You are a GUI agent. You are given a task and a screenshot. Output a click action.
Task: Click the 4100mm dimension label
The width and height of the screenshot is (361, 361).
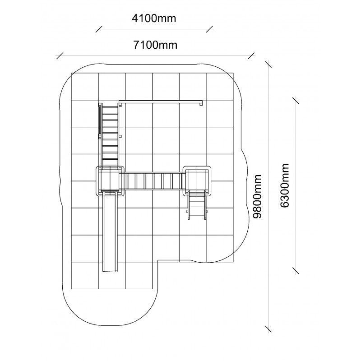(154, 19)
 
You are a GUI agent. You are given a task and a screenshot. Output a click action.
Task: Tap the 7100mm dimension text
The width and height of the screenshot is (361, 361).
(155, 45)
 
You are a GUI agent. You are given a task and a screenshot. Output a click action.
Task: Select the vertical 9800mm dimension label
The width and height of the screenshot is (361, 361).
(257, 196)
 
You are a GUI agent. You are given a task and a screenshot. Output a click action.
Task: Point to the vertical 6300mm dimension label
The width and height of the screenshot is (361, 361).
(285, 185)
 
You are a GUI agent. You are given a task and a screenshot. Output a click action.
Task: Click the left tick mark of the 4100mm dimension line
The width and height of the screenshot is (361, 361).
(98, 29)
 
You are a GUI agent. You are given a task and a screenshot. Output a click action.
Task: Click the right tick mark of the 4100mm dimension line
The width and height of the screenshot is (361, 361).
(209, 29)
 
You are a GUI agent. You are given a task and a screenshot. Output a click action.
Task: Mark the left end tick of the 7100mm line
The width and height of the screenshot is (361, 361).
(60, 56)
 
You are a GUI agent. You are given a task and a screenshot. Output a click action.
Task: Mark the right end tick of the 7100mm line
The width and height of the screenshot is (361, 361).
(251, 56)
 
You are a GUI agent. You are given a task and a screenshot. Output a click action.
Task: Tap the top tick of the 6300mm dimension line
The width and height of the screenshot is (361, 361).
(296, 100)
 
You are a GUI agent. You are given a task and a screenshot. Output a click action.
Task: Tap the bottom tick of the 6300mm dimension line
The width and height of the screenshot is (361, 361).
(296, 271)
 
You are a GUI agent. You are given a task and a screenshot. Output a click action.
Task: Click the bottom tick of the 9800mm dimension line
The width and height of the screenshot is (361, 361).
(268, 329)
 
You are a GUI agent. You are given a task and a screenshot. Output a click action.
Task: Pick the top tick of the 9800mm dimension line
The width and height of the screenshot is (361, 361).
(268, 64)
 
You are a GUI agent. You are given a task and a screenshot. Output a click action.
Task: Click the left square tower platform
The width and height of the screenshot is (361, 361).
(110, 181)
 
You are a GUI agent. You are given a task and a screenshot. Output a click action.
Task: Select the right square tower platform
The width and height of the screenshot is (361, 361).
(197, 181)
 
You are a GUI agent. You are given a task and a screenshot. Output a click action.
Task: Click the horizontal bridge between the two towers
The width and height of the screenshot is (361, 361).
(154, 181)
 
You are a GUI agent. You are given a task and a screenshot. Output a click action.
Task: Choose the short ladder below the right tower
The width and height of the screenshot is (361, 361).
(197, 205)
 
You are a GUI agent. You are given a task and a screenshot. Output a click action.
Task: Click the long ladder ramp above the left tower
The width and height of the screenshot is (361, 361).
(110, 136)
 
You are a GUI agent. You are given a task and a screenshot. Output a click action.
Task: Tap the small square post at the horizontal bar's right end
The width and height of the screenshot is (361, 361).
(201, 104)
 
